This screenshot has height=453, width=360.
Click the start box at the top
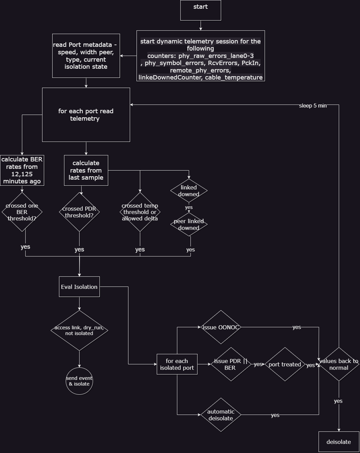tap(201, 10)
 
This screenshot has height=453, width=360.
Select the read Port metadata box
tap(86, 56)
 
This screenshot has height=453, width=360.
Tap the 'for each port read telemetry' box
tap(86, 114)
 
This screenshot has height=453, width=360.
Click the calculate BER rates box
tap(22, 170)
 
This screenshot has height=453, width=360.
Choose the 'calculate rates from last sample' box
tap(86, 170)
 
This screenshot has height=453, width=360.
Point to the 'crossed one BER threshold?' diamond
tap(22, 212)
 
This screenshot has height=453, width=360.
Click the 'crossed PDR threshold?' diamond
tap(79, 212)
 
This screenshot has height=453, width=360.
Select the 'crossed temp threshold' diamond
tap(140, 212)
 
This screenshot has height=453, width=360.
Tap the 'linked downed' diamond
tap(189, 190)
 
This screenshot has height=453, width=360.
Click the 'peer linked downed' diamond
tap(189, 224)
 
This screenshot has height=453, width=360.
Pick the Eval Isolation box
tap(79, 286)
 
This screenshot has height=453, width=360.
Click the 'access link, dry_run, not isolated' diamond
tap(79, 330)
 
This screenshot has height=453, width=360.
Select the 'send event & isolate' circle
tap(79, 381)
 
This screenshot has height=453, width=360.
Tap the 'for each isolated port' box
tap(177, 364)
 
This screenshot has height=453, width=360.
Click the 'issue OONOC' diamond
tap(221, 327)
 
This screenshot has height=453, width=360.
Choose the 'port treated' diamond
tap(285, 364)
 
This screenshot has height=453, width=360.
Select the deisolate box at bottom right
tap(339, 442)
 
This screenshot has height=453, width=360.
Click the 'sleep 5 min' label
tap(313, 106)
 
